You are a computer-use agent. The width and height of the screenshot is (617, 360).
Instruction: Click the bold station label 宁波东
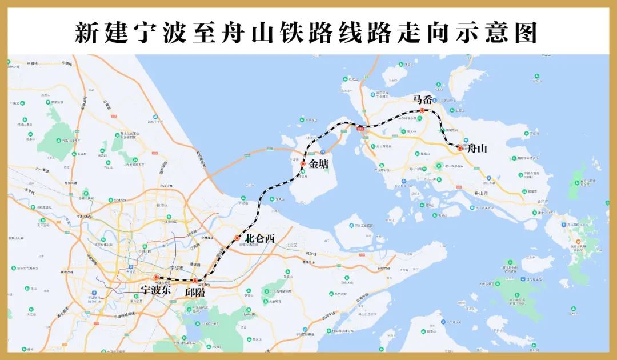coord(155,289)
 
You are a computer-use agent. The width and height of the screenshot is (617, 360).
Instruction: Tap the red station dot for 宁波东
coord(155,278)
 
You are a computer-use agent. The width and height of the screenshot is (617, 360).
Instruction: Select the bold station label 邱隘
coord(195,291)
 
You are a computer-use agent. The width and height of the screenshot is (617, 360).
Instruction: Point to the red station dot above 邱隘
coord(195,281)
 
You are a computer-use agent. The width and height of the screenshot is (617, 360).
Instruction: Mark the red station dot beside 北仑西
coord(237,238)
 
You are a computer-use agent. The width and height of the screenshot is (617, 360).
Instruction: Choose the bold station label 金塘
coord(319,164)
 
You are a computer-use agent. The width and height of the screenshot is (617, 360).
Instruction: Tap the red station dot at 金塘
coord(303,164)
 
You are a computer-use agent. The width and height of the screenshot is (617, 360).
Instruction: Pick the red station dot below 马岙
coord(422,110)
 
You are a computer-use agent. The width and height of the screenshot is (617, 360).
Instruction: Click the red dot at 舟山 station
coord(460,148)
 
